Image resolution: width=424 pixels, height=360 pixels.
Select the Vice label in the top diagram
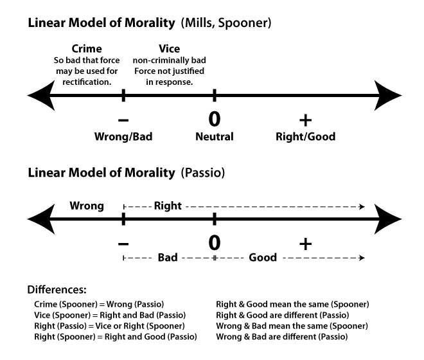pyautogui.click(x=169, y=48)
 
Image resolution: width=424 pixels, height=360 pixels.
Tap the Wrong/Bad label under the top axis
pyautogui.click(x=123, y=137)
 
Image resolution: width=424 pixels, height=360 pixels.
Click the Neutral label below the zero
pyautogui.click(x=215, y=137)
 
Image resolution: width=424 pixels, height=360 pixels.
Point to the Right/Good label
pyautogui.click(x=305, y=137)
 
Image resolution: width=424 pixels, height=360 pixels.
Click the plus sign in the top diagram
pyautogui.click(x=305, y=119)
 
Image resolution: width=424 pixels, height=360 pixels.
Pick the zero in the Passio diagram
pyautogui.click(x=215, y=242)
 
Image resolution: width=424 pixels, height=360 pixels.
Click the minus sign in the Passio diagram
pyautogui.click(x=123, y=242)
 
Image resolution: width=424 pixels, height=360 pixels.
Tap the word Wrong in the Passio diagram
pyautogui.click(x=87, y=206)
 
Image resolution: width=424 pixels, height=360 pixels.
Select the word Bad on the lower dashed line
pyautogui.click(x=168, y=258)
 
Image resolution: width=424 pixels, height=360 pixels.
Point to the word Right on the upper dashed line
pyautogui.click(x=168, y=206)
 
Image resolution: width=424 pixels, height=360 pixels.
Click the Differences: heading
pyautogui.click(x=57, y=290)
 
